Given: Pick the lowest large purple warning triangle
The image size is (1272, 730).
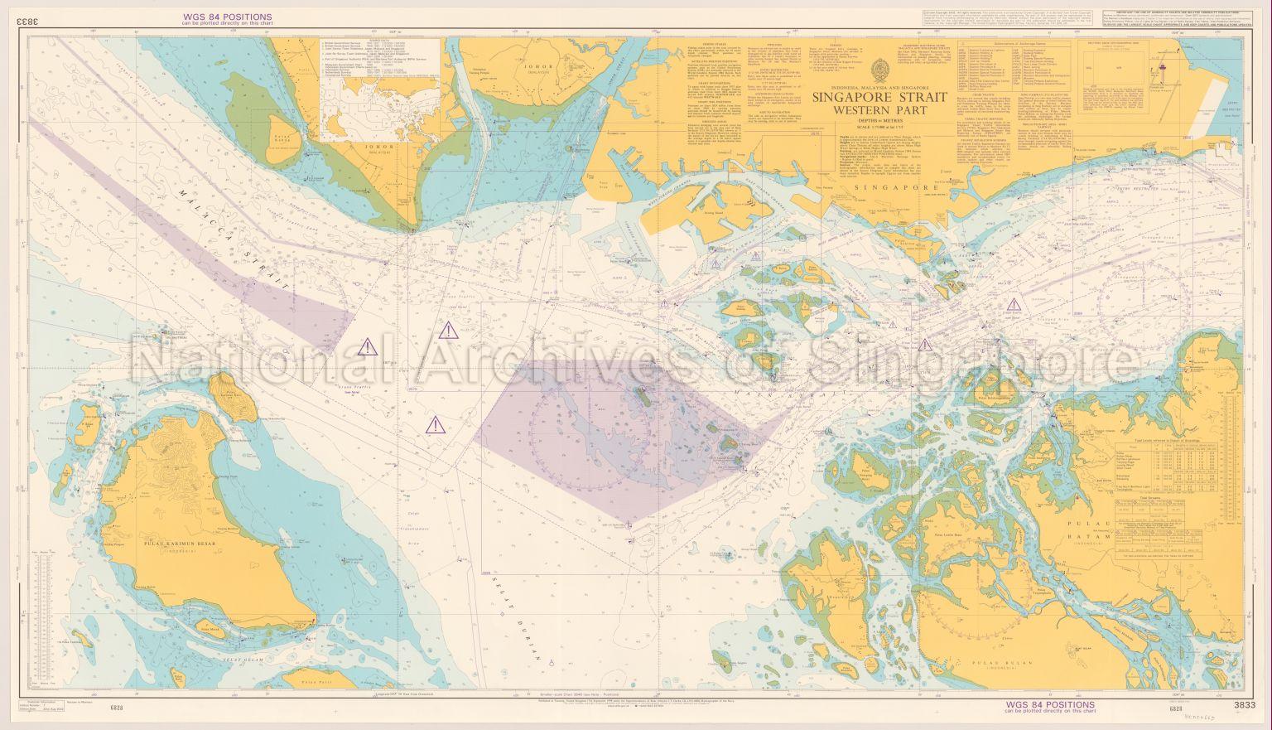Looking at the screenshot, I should (434, 426).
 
